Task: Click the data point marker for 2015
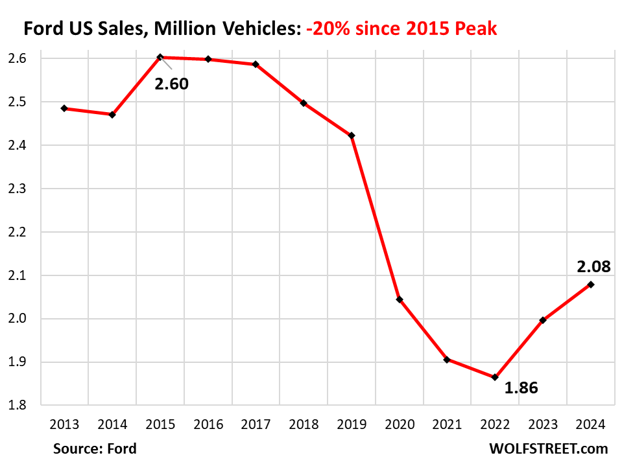160,57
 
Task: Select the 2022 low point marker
495,377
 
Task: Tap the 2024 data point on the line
591,284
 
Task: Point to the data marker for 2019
352,135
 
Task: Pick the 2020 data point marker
400,299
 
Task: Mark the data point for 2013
64,108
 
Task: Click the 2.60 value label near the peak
171,83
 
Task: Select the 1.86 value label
521,388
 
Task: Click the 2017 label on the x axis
256,424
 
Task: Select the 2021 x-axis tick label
447,424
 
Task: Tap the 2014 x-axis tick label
112,424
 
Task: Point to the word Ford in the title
43,29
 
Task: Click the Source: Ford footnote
95,448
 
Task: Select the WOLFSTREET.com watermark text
540,448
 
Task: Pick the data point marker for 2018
304,103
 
